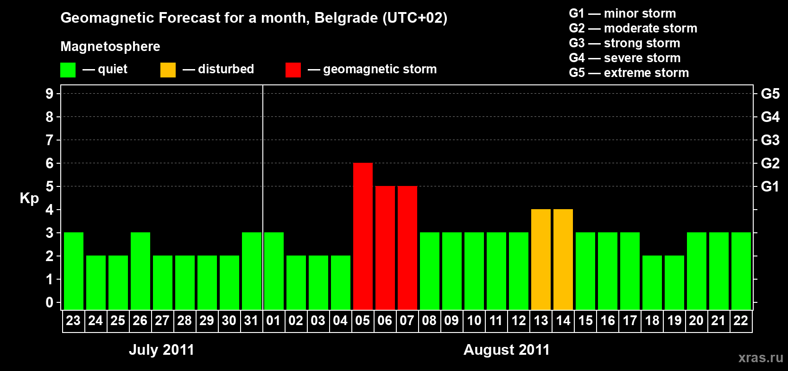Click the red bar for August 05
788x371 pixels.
[362, 236]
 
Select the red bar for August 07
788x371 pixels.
[407, 248]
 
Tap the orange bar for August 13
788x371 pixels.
[540, 259]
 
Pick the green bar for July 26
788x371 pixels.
[140, 271]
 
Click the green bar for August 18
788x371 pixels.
[652, 282]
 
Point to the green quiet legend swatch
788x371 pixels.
[68, 70]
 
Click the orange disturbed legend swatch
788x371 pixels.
[168, 70]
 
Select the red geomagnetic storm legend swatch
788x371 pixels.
[293, 70]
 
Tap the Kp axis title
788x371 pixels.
[29, 198]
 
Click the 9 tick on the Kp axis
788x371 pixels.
[50, 94]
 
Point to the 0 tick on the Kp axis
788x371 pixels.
[50, 302]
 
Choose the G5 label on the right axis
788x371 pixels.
[770, 94]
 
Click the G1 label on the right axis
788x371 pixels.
[770, 186]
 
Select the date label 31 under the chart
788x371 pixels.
[251, 320]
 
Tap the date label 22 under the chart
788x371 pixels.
[740, 320]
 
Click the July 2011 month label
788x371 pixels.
[161, 350]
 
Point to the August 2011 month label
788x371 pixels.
[506, 350]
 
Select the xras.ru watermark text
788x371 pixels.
[760, 357]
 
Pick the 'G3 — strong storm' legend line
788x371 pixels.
[624, 43]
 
